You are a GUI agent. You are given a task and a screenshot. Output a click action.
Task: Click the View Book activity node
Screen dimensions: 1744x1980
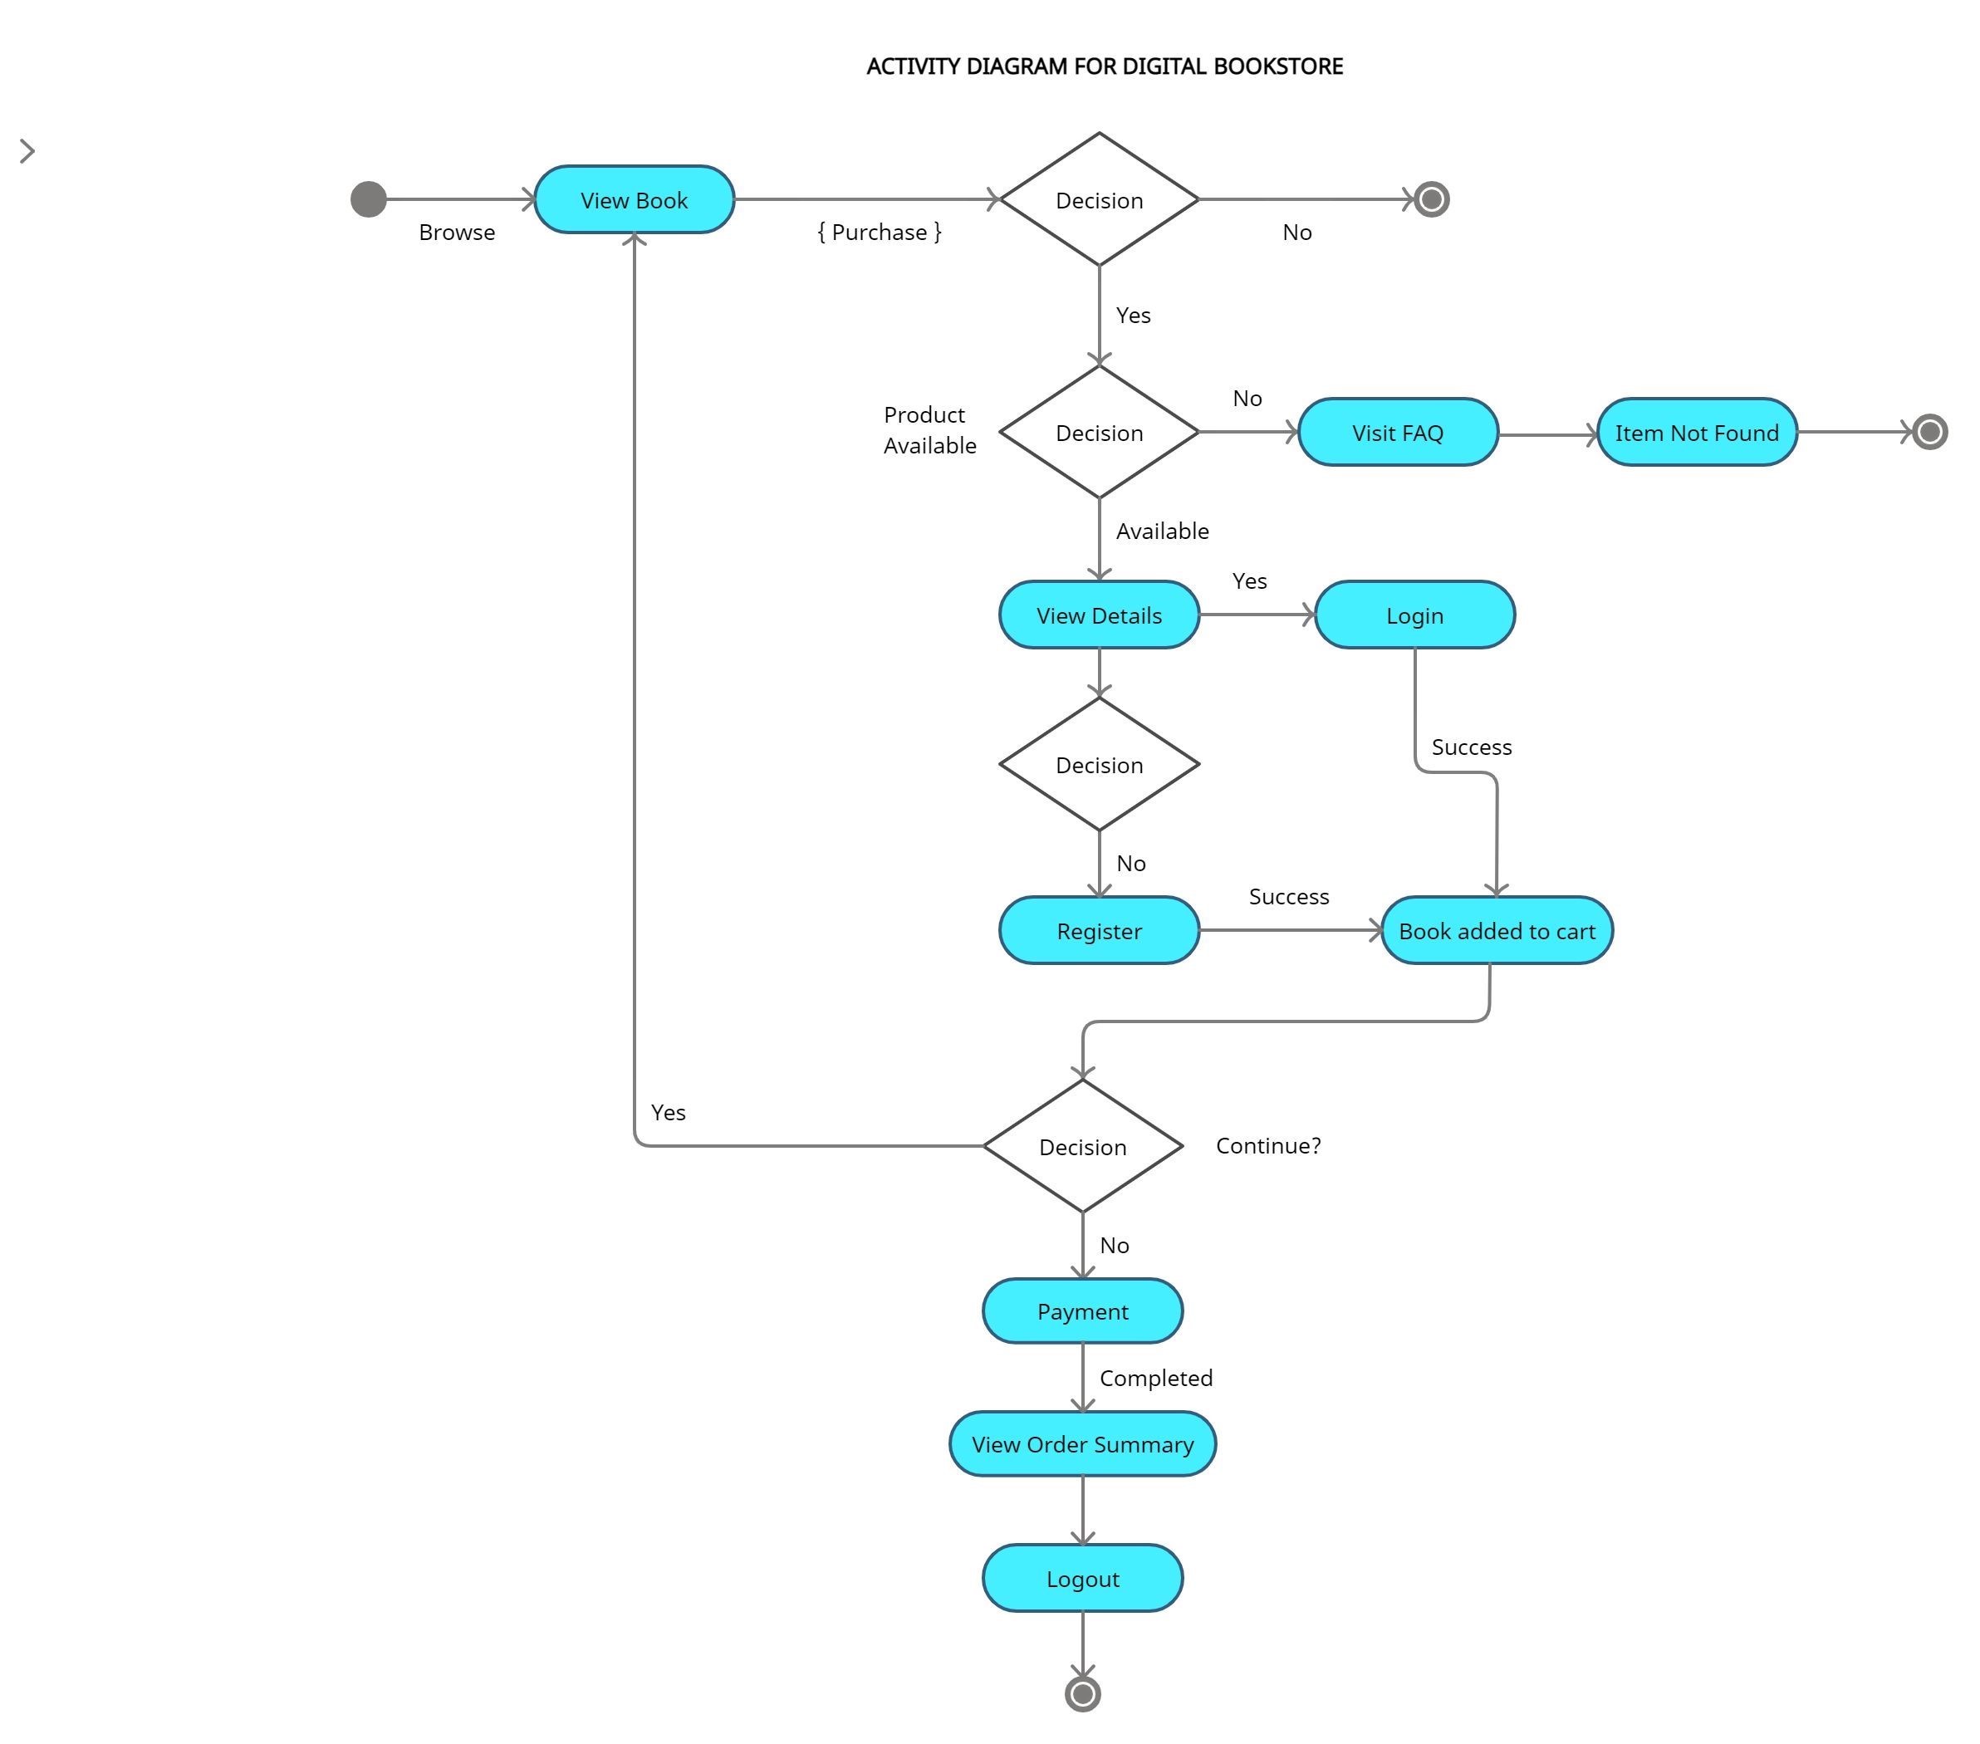pyautogui.click(x=634, y=199)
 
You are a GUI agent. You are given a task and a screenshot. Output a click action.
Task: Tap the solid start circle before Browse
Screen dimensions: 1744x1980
pyautogui.click(x=368, y=199)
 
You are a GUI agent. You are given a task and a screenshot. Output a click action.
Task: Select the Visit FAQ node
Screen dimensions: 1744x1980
pyautogui.click(x=1397, y=432)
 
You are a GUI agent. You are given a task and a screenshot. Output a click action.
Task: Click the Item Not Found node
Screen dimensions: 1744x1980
pyautogui.click(x=1696, y=432)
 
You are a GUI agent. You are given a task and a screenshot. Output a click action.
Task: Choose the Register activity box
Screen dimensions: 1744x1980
pyautogui.click(x=1099, y=931)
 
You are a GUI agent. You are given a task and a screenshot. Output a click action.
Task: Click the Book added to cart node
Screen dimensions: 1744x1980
pyautogui.click(x=1496, y=931)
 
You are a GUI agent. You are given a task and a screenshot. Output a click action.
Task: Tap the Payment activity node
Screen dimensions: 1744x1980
pyautogui.click(x=1082, y=1311)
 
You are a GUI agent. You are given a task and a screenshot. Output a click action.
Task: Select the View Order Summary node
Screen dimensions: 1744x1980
pyautogui.click(x=1082, y=1444)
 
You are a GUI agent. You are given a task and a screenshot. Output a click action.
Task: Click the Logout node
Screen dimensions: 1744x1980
pyautogui.click(x=1082, y=1579)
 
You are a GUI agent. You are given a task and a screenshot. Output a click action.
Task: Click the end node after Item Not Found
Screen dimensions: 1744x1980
pyautogui.click(x=1929, y=432)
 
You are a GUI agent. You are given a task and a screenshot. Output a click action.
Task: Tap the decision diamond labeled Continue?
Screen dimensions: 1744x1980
pyautogui.click(x=1082, y=1147)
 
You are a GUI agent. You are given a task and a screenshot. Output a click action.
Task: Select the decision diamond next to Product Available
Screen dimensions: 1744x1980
pyautogui.click(x=1099, y=432)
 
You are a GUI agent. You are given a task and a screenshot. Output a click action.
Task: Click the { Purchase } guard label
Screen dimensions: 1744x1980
pyautogui.click(x=879, y=233)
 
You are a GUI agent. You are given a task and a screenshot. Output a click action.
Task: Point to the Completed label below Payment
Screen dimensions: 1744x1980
pyautogui.click(x=1154, y=1378)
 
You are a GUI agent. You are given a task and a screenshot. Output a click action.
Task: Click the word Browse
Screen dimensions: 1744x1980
pyautogui.click(x=456, y=233)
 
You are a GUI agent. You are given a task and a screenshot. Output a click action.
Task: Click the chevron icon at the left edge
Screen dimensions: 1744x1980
pyautogui.click(x=27, y=151)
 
